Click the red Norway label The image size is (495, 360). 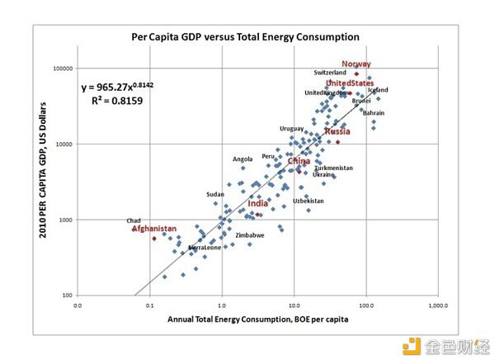(356, 64)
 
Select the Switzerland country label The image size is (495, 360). (330, 73)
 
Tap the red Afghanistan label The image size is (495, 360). (154, 228)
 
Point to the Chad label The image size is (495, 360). (134, 220)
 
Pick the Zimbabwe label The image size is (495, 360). (250, 235)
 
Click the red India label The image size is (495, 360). (257, 203)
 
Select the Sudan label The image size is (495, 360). (215, 195)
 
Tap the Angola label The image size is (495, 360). (243, 159)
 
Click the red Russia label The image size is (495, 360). (337, 131)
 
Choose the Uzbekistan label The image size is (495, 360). (309, 201)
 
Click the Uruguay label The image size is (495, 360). (292, 129)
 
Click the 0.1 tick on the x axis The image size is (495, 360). (149, 305)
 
